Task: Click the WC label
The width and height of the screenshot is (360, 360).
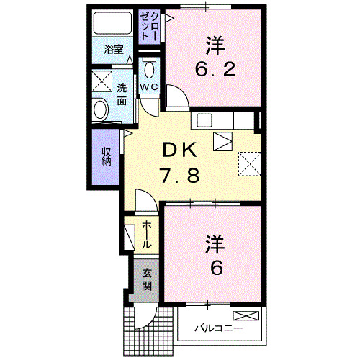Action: pyautogui.click(x=149, y=87)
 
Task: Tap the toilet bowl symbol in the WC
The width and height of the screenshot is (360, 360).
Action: pyautogui.click(x=149, y=70)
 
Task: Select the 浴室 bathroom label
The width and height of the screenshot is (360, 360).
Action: pyautogui.click(x=114, y=50)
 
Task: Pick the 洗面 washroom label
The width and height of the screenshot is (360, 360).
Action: pyautogui.click(x=122, y=94)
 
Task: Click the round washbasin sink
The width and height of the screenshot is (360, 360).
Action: pyautogui.click(x=101, y=109)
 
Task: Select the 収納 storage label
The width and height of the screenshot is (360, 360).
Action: pyautogui.click(x=106, y=156)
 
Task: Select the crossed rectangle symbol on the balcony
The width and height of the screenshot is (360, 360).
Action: pyautogui.click(x=246, y=315)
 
